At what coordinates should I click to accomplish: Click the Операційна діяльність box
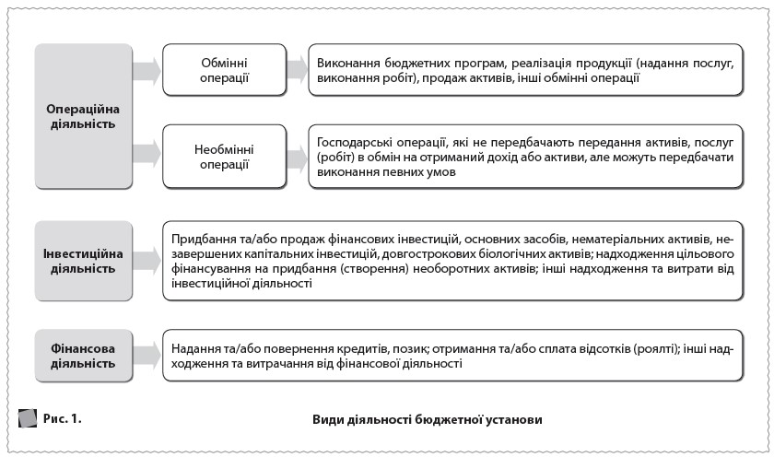click(83, 116)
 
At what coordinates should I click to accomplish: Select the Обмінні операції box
click(224, 70)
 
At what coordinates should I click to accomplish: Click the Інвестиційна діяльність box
click(83, 261)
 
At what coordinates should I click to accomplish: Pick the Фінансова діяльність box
click(83, 355)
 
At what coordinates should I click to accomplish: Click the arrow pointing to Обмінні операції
click(145, 70)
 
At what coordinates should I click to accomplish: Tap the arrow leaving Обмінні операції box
click(296, 70)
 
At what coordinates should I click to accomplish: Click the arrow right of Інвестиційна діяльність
click(145, 261)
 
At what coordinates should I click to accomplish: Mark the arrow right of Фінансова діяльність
click(145, 355)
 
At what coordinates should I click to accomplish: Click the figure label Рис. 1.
click(63, 418)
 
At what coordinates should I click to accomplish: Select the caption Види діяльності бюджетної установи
click(428, 419)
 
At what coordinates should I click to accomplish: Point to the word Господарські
click(353, 144)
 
